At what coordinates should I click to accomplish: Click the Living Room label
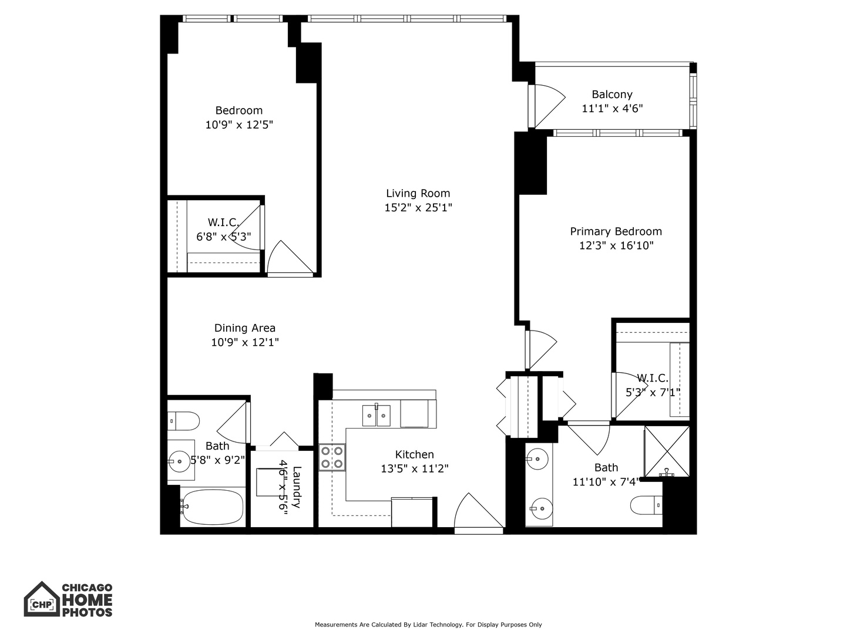(418, 193)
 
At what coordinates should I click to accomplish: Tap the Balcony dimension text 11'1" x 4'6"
(612, 109)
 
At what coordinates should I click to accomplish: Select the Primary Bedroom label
(616, 231)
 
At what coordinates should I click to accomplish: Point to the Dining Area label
(244, 328)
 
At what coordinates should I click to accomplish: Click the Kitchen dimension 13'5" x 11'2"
(414, 468)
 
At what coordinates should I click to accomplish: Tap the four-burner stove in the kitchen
(332, 457)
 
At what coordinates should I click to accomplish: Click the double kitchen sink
(376, 415)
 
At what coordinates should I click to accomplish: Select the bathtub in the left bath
(212, 507)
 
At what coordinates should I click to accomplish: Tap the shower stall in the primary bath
(667, 451)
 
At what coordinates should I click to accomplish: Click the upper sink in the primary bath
(537, 458)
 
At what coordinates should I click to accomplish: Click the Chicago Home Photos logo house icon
(41, 599)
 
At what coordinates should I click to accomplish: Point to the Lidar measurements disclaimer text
(428, 625)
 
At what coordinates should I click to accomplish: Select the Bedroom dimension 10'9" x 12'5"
(239, 124)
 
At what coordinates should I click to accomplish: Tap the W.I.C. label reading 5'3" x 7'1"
(653, 392)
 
